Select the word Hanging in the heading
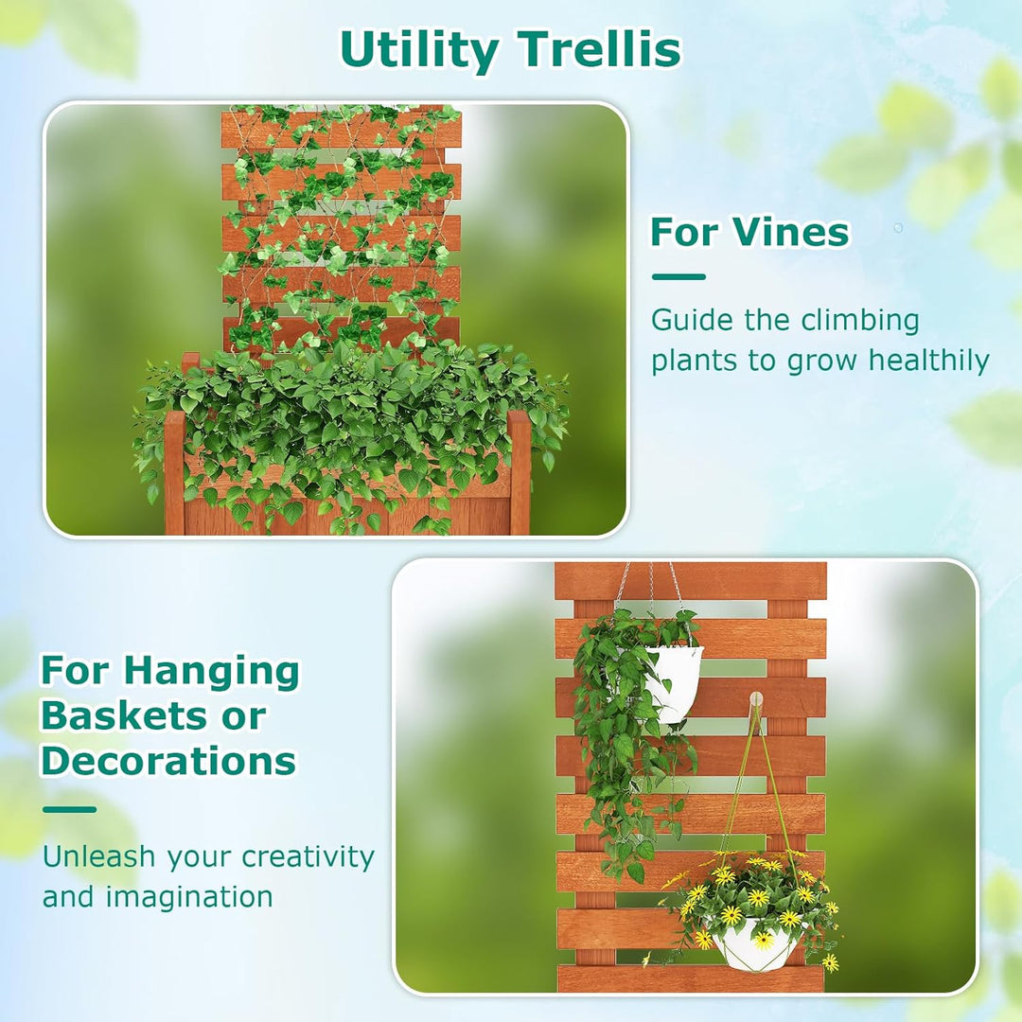211,672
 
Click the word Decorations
168,761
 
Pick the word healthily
929,361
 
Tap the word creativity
308,857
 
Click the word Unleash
98,857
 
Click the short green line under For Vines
678,277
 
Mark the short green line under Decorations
69,809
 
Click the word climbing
861,320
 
